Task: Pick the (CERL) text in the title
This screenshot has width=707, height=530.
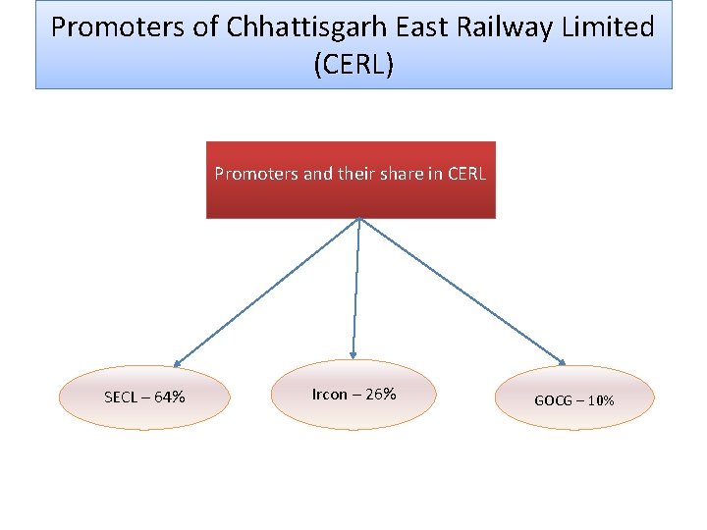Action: tap(353, 65)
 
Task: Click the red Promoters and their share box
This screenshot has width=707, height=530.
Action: tap(351, 191)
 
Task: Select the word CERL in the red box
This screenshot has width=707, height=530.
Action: tap(465, 175)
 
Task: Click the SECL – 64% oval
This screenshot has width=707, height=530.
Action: tap(144, 397)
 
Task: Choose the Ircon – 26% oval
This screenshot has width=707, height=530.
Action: tap(353, 395)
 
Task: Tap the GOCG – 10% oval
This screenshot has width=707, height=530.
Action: tap(574, 399)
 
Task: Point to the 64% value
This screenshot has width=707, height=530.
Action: tap(169, 397)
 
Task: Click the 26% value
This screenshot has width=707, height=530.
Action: tap(379, 395)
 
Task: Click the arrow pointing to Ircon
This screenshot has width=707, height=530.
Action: tap(355, 290)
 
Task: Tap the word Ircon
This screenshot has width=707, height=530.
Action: tap(329, 395)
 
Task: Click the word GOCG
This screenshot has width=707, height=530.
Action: tap(553, 400)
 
